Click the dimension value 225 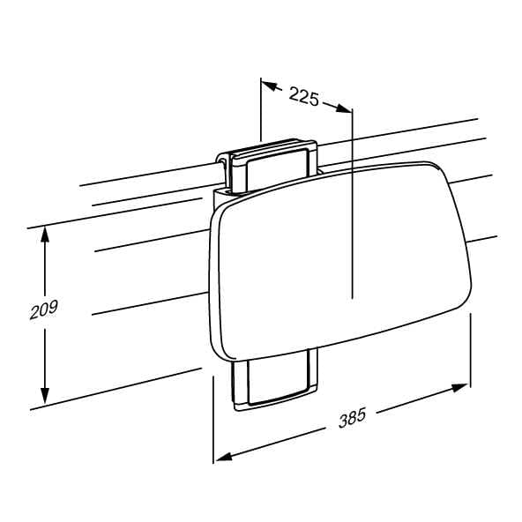(x=303, y=96)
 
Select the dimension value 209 (x=43, y=309)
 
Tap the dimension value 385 (x=352, y=417)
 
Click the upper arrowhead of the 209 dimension (x=45, y=235)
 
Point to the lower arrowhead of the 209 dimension (x=45, y=395)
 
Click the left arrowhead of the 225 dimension (x=271, y=86)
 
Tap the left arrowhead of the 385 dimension (x=224, y=456)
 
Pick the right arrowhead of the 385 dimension (x=459, y=388)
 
